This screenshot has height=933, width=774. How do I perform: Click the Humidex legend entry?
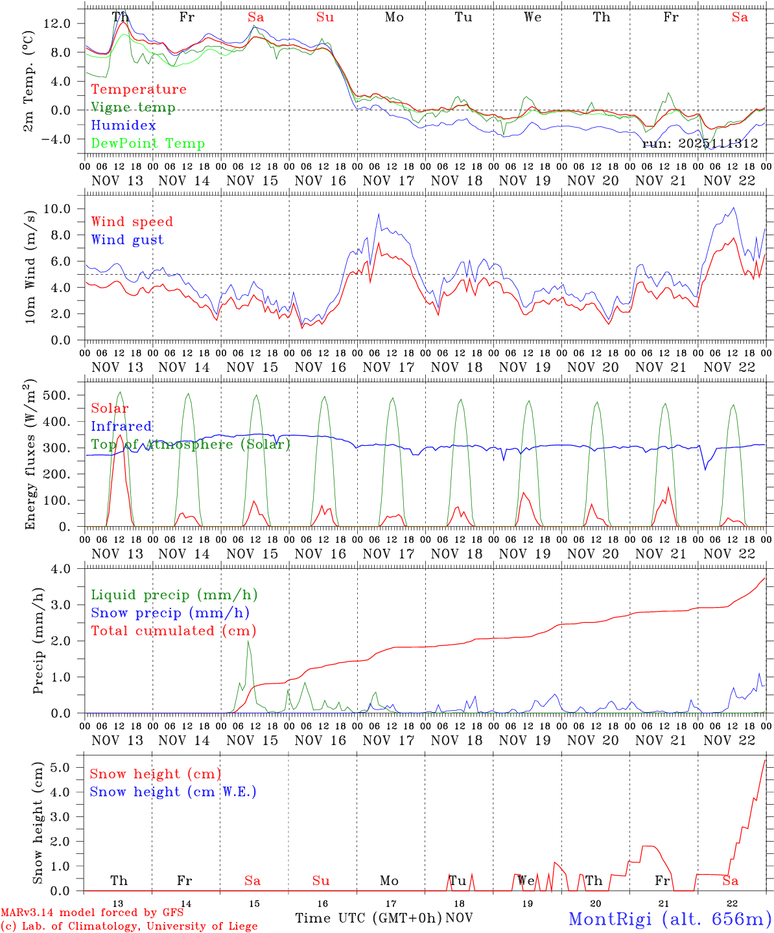click(124, 126)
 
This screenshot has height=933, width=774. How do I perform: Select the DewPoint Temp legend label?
click(148, 144)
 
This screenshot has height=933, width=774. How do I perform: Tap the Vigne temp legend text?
click(133, 108)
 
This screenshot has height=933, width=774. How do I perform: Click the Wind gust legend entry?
click(127, 240)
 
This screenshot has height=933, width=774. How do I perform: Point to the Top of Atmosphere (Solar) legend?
click(191, 444)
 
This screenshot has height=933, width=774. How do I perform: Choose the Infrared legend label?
click(121, 426)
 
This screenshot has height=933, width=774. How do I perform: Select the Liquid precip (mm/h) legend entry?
click(174, 595)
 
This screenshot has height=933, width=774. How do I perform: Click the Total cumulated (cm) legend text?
click(174, 631)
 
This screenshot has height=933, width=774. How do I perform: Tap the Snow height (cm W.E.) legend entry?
click(173, 792)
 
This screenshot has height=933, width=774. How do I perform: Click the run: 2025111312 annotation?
click(699, 144)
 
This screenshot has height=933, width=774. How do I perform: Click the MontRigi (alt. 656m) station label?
click(670, 919)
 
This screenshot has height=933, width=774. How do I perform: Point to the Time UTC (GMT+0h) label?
click(368, 918)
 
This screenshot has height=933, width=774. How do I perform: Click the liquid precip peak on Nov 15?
click(248, 641)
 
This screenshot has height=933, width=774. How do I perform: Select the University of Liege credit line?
click(129, 927)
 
